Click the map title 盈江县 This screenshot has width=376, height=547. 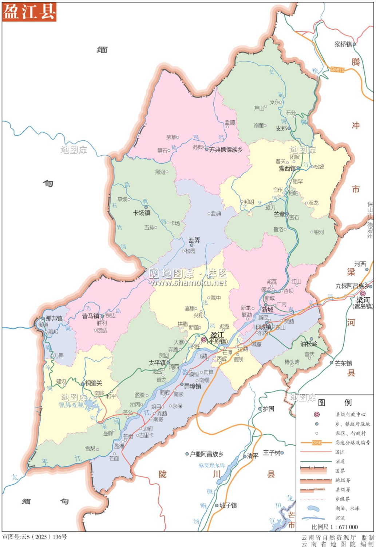pyautogui.click(x=29, y=12)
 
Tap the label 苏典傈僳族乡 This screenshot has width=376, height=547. pyautogui.click(x=226, y=150)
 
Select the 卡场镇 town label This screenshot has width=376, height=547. pyautogui.click(x=142, y=213)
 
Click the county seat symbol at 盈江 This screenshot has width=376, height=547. pyautogui.click(x=204, y=340)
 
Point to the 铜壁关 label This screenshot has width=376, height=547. pyautogui.click(x=94, y=383)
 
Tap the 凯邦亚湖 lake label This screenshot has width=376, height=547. pyautogui.click(x=71, y=405)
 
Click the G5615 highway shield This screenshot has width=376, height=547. pyautogui.click(x=337, y=69)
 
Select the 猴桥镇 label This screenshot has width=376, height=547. pyautogui.click(x=343, y=44)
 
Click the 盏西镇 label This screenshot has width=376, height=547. pyautogui.click(x=287, y=168)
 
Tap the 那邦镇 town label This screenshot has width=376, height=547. pyautogui.click(x=54, y=318)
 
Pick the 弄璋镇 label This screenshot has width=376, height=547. pyautogui.click(x=193, y=386)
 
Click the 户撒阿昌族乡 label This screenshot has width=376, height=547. pyautogui.click(x=206, y=454)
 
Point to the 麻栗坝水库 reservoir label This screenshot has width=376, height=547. pyautogui.click(x=212, y=466)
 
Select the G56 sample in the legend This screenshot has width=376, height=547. pyautogui.click(x=317, y=443)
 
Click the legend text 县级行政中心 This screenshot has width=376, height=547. pyautogui.click(x=351, y=415)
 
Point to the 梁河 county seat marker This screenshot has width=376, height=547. pyautogui.click(x=363, y=294)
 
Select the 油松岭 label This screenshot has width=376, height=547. pyautogui.click(x=309, y=344)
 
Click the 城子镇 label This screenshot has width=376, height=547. pyautogui.click(x=228, y=505)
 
